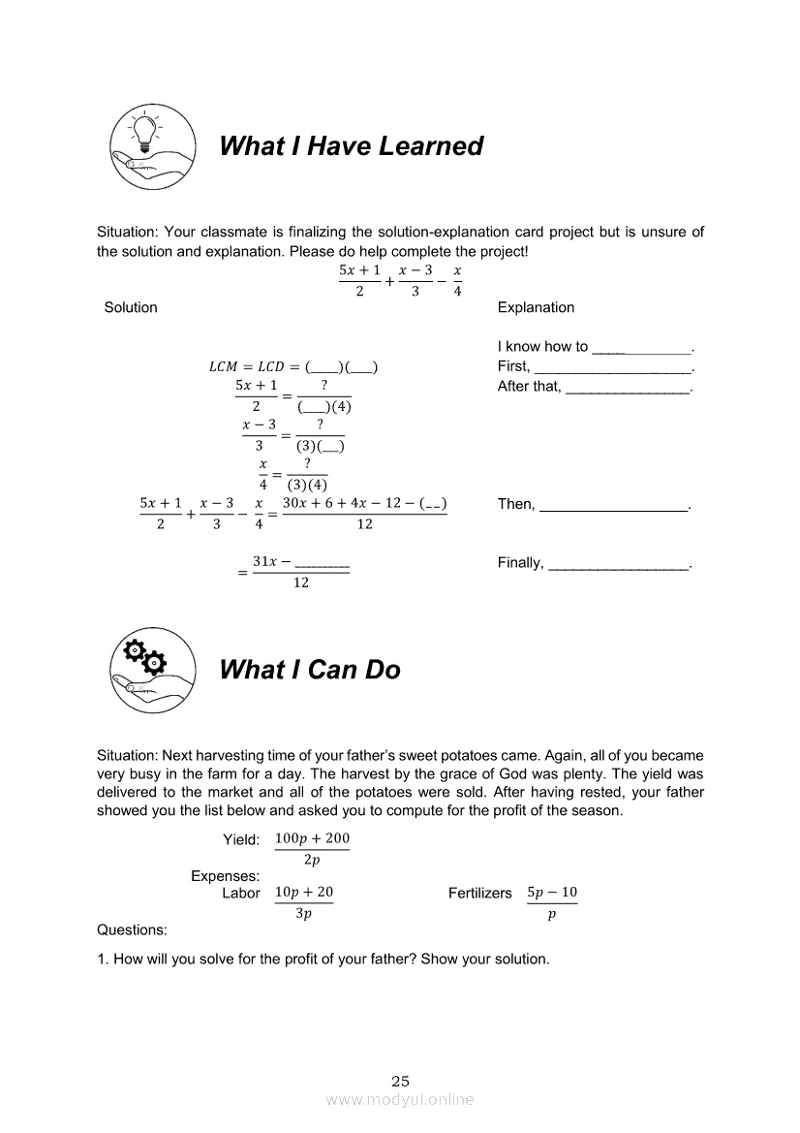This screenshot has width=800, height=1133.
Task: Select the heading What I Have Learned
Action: point(352,146)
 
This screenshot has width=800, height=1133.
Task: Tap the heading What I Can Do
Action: point(310,670)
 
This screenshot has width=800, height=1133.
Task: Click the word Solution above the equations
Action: point(131,307)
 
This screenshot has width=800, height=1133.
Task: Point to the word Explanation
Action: point(536,307)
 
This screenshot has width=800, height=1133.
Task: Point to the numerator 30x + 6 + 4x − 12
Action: point(348,504)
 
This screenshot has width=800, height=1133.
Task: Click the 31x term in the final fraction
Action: point(264,562)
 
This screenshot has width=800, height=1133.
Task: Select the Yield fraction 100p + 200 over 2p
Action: point(312,849)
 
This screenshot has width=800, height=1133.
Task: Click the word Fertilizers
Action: point(479,894)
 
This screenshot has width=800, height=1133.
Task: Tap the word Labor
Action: point(241,894)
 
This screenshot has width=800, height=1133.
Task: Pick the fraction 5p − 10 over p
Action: point(552,902)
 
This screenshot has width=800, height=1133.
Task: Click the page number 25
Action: point(401,1081)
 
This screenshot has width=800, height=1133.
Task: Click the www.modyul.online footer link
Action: point(400,1100)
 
